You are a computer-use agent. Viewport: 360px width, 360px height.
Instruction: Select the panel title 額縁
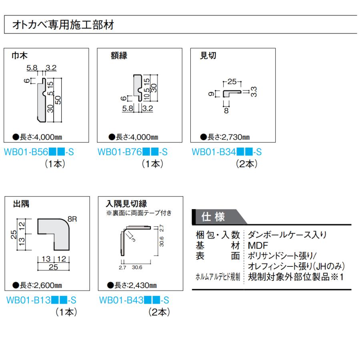pyautogui.click(x=119, y=56)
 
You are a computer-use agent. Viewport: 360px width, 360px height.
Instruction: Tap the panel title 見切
pyautogui.click(x=208, y=56)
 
